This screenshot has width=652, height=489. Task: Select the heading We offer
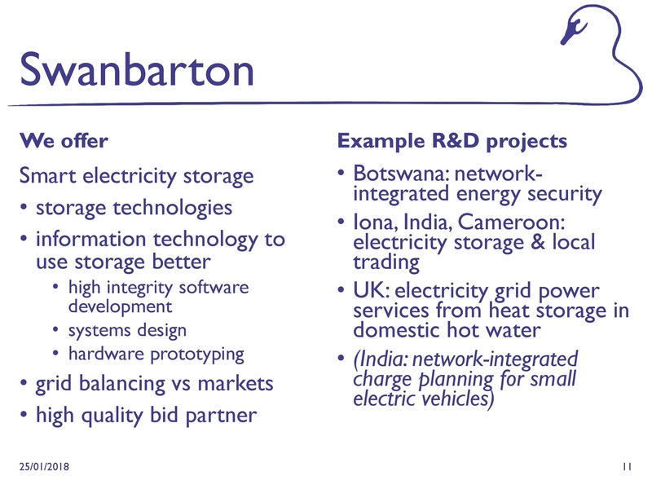coord(64,141)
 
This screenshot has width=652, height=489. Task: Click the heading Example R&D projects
coord(452,141)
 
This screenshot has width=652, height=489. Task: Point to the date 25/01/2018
coord(45,465)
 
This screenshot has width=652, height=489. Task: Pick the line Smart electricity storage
coord(136,175)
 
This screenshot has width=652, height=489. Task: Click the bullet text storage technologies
coord(134,207)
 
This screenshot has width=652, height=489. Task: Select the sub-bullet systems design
coord(127,330)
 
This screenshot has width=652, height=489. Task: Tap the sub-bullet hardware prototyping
coord(156,355)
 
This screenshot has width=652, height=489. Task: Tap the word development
coord(120,306)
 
